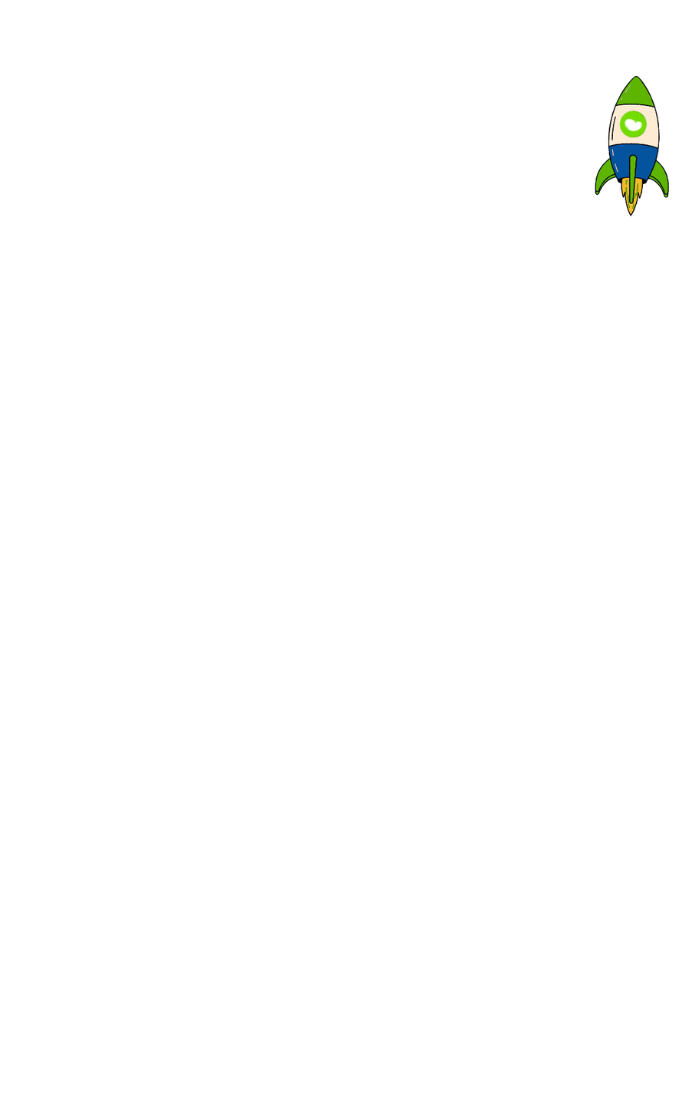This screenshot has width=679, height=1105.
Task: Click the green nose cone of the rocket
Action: click(x=634, y=94)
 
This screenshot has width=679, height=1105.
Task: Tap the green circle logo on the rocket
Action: click(x=634, y=124)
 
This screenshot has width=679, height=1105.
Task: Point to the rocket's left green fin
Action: click(x=605, y=177)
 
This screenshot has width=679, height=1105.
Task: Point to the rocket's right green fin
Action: click(x=661, y=177)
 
